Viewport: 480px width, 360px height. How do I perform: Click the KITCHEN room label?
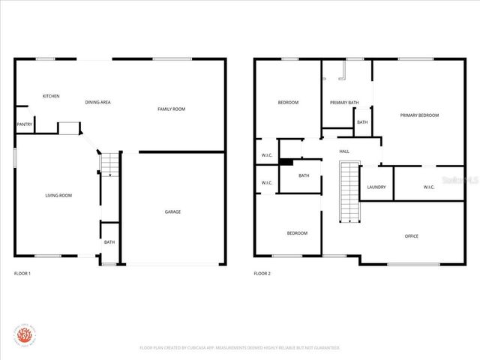tap(51, 96)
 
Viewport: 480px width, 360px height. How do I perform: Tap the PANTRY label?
tap(24, 124)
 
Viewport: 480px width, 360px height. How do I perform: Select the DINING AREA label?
tap(97, 102)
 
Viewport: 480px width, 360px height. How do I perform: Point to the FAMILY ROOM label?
tap(171, 109)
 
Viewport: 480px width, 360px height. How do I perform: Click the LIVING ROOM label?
tap(58, 196)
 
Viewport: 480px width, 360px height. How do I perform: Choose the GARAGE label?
tap(172, 211)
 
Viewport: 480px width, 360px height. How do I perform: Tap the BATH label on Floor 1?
tap(109, 241)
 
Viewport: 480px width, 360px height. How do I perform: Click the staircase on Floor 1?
tap(110, 164)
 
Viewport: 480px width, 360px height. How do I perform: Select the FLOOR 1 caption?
tap(22, 274)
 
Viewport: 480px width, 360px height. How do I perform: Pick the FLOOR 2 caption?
tap(262, 274)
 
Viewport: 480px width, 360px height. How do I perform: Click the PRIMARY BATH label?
tap(344, 102)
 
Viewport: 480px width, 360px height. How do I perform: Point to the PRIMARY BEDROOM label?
tap(419, 115)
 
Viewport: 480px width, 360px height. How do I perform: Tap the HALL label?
tap(344, 151)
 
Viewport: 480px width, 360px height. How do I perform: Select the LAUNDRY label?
tap(376, 187)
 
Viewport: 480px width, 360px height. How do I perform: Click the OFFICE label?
tap(412, 236)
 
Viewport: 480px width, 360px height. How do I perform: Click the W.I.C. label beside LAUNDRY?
tap(429, 187)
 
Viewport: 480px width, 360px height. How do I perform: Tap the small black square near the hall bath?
tap(285, 160)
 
